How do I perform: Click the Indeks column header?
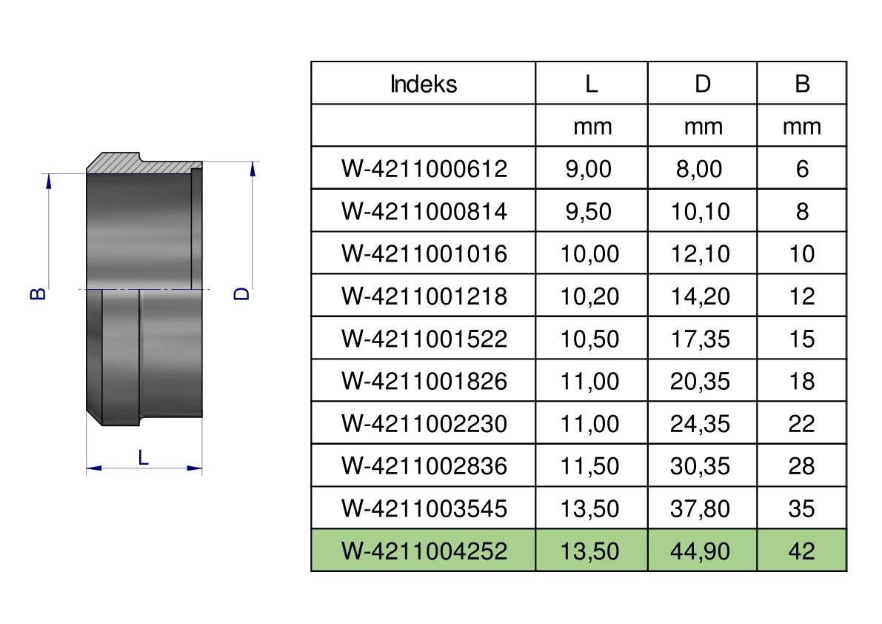pyautogui.click(x=423, y=84)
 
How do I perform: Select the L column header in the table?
pyautogui.click(x=591, y=84)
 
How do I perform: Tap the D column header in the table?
pyautogui.click(x=703, y=84)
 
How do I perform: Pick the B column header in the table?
pyautogui.click(x=802, y=84)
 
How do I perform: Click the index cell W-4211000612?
pyautogui.click(x=424, y=169)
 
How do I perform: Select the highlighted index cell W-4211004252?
pyautogui.click(x=424, y=551)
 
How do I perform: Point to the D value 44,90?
pyautogui.click(x=701, y=551)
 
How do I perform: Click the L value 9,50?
pyautogui.click(x=589, y=211)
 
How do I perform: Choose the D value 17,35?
pyautogui.click(x=701, y=339)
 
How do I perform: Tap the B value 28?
pyautogui.click(x=801, y=466)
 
